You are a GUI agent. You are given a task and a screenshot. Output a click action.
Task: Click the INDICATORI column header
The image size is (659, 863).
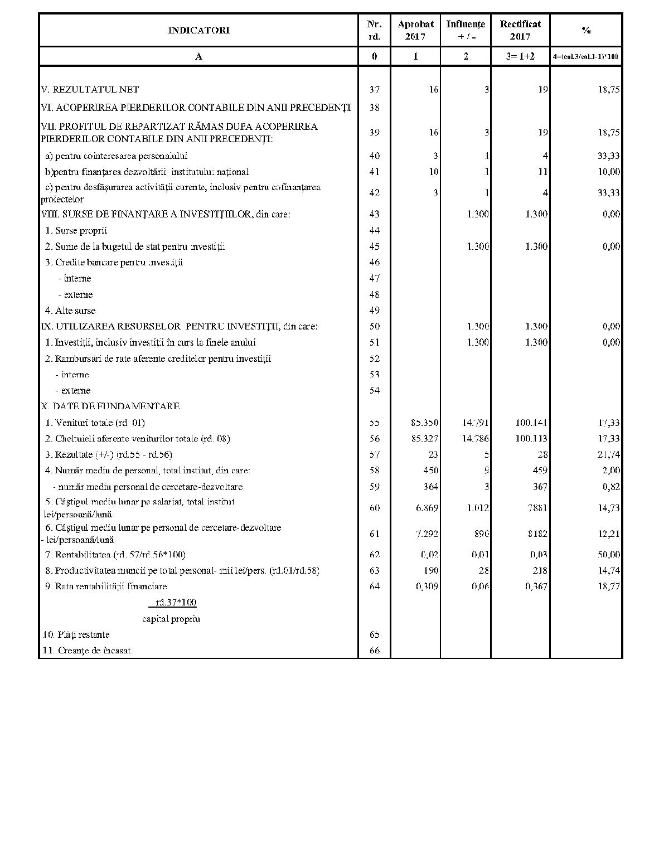pyautogui.click(x=198, y=30)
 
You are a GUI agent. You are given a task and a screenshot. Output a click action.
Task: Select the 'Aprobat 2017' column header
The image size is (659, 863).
pyautogui.click(x=415, y=30)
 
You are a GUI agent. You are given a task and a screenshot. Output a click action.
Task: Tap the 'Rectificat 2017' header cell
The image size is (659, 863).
pyautogui.click(x=520, y=30)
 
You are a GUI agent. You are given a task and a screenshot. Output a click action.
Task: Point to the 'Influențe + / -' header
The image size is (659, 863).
pyautogui.click(x=466, y=30)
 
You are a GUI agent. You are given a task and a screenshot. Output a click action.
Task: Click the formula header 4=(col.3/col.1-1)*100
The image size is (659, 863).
pyautogui.click(x=585, y=56)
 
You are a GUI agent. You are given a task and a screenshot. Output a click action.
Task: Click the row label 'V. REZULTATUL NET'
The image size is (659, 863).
pyautogui.click(x=90, y=89)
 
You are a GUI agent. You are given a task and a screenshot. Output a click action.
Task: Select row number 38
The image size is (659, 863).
pyautogui.click(x=374, y=108)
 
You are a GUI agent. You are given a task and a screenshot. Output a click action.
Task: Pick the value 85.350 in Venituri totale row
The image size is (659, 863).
pyautogui.click(x=424, y=423)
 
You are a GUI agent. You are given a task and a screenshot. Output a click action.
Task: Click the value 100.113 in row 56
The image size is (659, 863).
pyautogui.click(x=531, y=439)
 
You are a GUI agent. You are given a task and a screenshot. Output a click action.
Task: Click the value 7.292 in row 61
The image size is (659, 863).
pyautogui.click(x=427, y=534)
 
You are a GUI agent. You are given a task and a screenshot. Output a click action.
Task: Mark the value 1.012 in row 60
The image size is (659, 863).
pyautogui.click(x=478, y=508)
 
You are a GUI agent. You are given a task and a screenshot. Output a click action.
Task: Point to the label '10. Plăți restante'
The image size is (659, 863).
pyautogui.click(x=76, y=634)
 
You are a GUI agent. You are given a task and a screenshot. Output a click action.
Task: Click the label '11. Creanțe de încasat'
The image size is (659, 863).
pyautogui.click(x=87, y=651)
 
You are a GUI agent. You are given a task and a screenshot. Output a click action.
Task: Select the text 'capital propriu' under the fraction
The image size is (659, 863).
pyautogui.click(x=171, y=619)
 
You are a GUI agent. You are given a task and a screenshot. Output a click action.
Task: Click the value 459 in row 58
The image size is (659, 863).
pyautogui.click(x=540, y=471)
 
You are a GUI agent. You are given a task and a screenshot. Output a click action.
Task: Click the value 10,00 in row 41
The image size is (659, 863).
pyautogui.click(x=608, y=172)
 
